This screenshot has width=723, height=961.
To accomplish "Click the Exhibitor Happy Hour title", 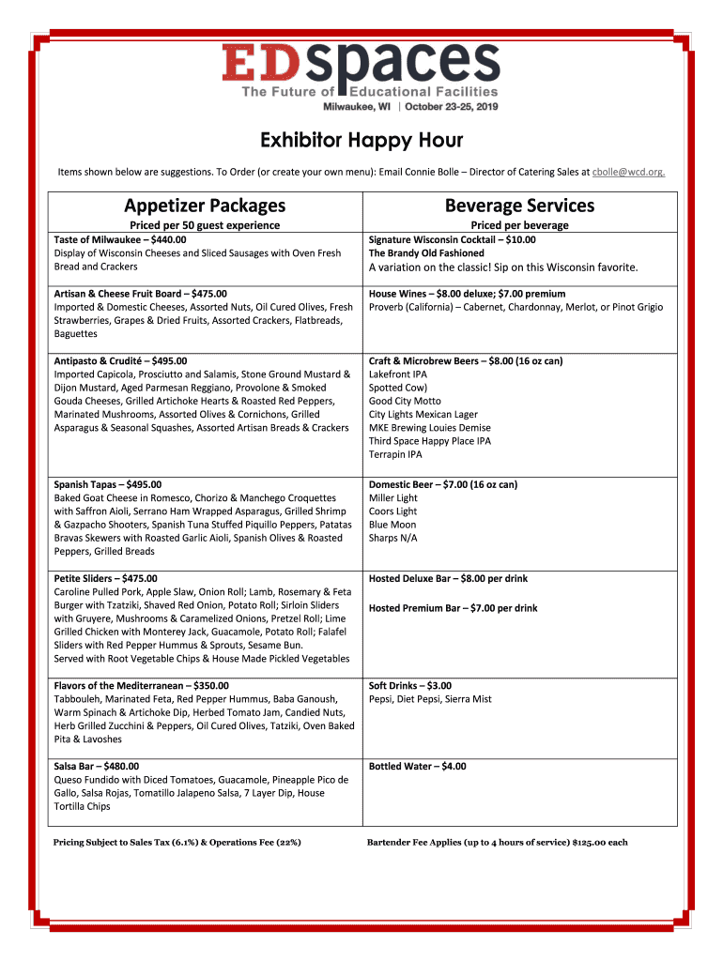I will [x=361, y=142].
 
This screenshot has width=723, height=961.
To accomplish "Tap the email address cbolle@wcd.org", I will [x=629, y=173].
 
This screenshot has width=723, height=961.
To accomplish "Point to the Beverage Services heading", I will [x=519, y=205].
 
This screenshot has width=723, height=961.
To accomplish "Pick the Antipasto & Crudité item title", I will [x=120, y=360].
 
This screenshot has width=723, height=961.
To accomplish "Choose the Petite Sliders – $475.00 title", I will [x=106, y=578].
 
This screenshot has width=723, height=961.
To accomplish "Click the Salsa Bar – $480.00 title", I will [x=97, y=767].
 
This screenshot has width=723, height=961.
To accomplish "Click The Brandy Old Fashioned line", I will [x=426, y=253].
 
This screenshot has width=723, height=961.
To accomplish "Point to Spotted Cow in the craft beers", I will [x=398, y=388].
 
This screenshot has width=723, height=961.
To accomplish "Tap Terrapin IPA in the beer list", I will [x=395, y=454].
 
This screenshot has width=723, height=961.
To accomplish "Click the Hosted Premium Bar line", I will [x=453, y=608].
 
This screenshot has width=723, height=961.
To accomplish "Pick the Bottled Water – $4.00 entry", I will [x=417, y=767].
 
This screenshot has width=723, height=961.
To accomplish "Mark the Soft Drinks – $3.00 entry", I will [x=410, y=686].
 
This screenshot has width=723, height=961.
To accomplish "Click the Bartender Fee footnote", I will [x=497, y=843].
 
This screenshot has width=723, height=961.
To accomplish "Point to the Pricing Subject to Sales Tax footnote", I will [x=177, y=843].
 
